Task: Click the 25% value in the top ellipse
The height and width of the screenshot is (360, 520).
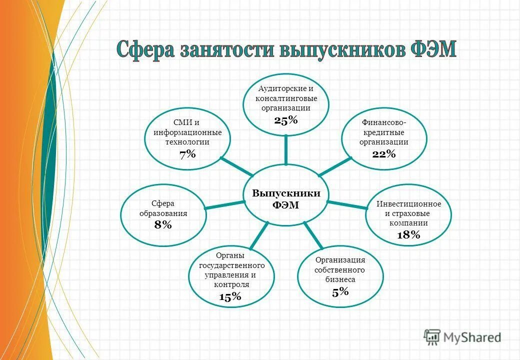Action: click(x=286, y=120)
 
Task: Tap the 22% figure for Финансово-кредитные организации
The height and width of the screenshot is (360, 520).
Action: click(x=384, y=154)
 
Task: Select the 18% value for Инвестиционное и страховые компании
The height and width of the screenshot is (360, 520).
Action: click(x=408, y=235)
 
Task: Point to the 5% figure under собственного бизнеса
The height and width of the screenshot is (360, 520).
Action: click(x=340, y=292)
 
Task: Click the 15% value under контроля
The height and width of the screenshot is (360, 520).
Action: click(x=230, y=296)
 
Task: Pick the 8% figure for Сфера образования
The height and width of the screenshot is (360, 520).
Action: click(x=163, y=225)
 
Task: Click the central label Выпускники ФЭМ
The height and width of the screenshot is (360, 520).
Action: click(x=286, y=198)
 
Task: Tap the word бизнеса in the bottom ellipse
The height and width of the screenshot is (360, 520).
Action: click(x=340, y=279)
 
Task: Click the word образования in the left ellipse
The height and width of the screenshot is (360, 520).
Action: click(x=163, y=213)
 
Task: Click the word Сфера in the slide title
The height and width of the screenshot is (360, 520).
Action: click(x=144, y=50)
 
